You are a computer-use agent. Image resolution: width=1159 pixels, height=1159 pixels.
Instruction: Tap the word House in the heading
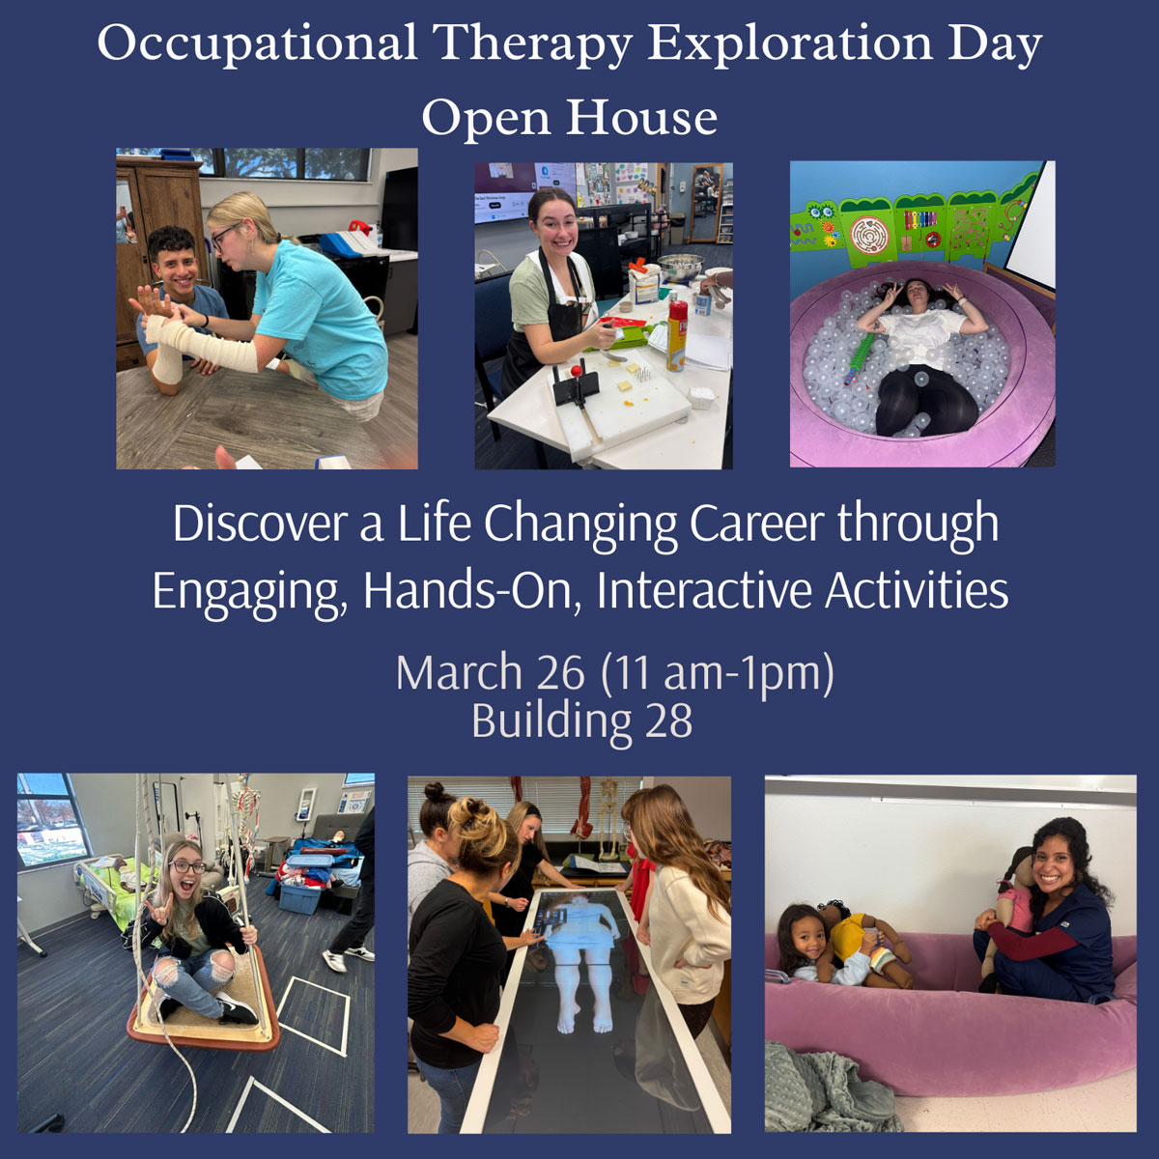[x=641, y=118]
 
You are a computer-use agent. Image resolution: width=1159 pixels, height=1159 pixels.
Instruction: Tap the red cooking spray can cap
[x=679, y=308]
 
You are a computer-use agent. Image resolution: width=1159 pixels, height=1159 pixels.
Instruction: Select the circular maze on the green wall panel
[x=868, y=233]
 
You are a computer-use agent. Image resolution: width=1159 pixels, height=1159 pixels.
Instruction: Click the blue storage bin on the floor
[x=299, y=897]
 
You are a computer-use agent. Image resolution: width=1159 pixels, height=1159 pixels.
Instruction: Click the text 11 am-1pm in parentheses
[x=718, y=672]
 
